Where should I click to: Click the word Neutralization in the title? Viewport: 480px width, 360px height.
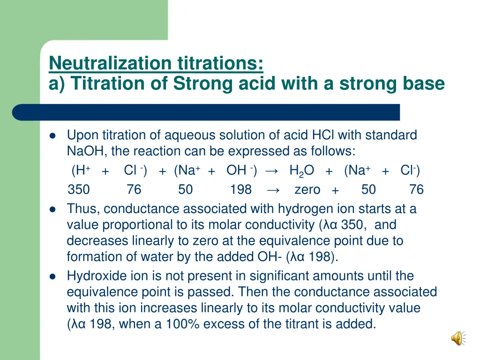[110, 63]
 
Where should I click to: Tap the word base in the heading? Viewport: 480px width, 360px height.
[420, 83]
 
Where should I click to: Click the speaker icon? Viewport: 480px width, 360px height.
[457, 338]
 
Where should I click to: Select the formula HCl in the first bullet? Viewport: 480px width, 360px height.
[323, 135]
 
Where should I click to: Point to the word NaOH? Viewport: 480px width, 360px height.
[82, 151]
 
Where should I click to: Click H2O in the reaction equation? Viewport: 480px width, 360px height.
[301, 171]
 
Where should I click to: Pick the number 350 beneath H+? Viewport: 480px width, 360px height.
[79, 189]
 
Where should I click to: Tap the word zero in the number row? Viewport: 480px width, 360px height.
[307, 189]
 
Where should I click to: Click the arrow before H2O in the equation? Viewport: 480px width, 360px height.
[272, 171]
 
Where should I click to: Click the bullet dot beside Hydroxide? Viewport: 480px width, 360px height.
[52, 276]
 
